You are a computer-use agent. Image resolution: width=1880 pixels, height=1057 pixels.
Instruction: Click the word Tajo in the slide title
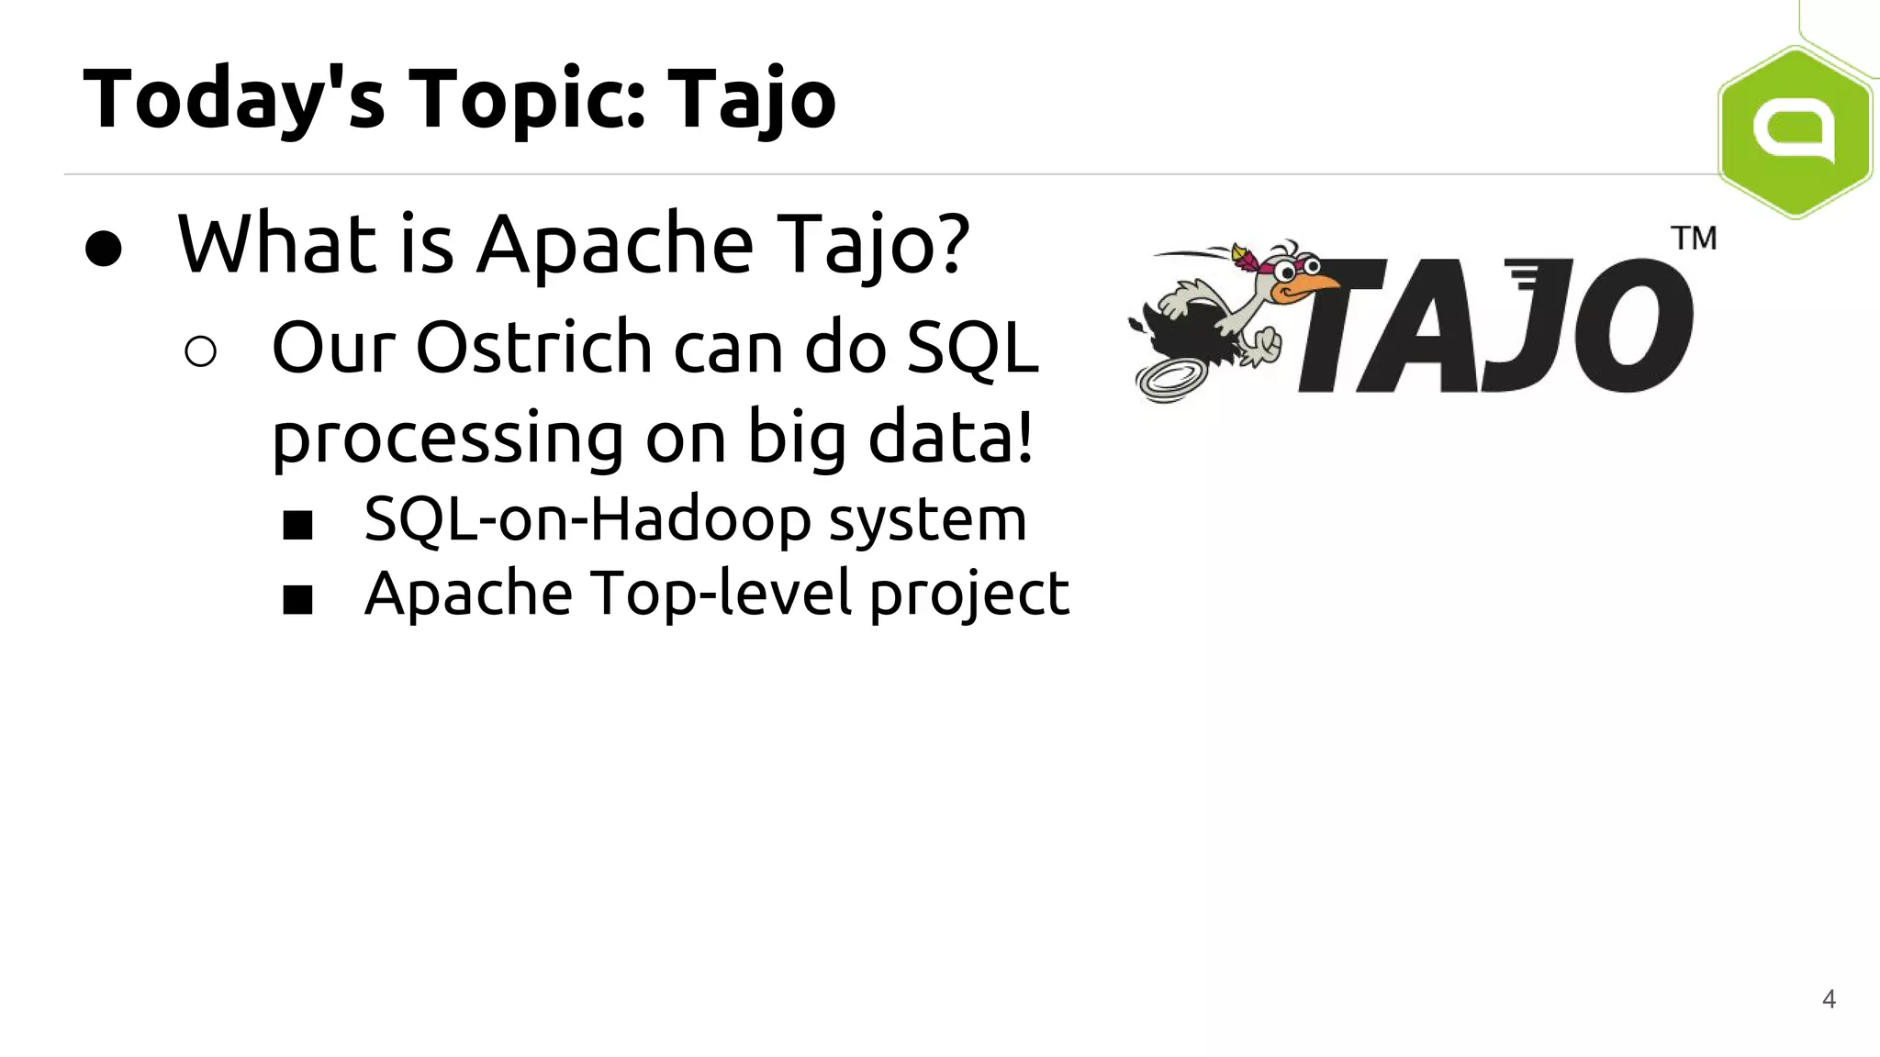tap(751, 99)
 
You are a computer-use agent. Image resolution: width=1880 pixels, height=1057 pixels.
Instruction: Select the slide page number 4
tap(1829, 999)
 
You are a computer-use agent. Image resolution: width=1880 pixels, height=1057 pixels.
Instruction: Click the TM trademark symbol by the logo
tap(1694, 239)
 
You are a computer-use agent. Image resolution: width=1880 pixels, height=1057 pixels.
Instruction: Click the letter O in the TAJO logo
tap(1634, 326)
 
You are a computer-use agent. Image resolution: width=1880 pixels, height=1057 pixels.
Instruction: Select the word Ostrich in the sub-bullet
tap(533, 349)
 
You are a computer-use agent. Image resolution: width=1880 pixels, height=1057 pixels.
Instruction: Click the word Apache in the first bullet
tap(614, 244)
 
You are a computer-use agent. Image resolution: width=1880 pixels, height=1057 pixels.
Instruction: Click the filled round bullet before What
tap(103, 249)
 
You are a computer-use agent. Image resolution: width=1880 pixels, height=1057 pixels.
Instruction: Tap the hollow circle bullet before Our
tap(200, 351)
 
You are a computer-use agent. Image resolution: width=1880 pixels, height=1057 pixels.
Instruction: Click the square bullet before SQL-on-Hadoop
tap(297, 526)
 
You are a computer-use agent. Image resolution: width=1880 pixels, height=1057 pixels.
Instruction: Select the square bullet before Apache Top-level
tap(297, 600)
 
